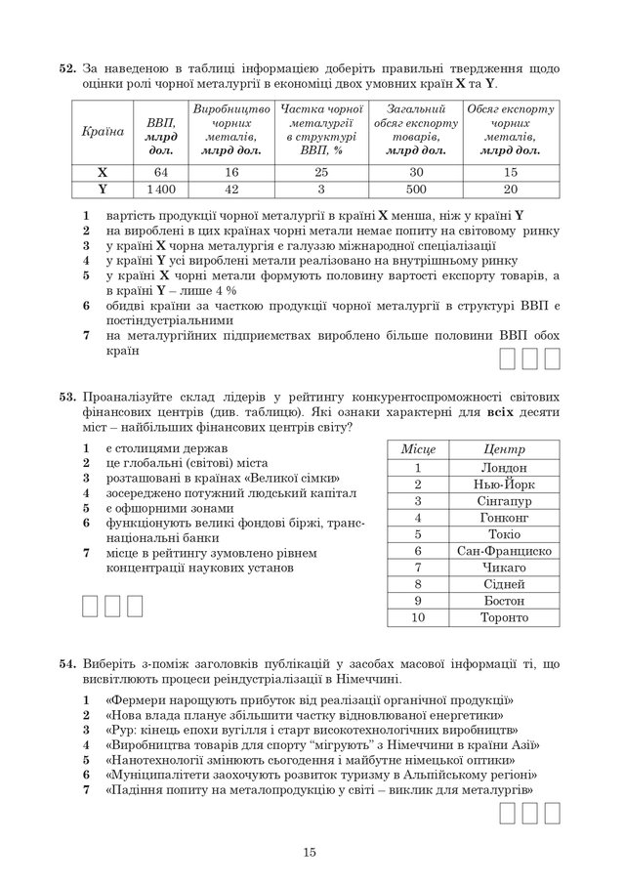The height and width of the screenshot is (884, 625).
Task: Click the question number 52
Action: (x=67, y=69)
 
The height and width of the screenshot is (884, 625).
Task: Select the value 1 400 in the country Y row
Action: (x=156, y=189)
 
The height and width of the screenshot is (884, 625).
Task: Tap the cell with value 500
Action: (x=415, y=189)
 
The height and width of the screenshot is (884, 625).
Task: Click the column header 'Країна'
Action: (x=102, y=130)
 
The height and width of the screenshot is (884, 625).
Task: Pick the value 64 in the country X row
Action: (x=156, y=172)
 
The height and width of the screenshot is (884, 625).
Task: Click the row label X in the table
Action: (x=102, y=172)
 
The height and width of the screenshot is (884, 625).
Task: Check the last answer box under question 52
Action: (x=553, y=360)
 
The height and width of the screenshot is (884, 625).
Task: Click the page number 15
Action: (x=310, y=853)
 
